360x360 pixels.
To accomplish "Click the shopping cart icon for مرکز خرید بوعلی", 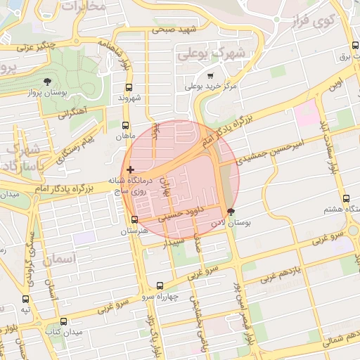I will click(210, 76).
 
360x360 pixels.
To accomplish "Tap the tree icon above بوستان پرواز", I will click(47, 82).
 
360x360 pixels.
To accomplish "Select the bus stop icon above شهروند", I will click(128, 88).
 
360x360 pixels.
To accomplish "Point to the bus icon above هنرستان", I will click(134, 220).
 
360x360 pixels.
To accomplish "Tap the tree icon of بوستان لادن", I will click(231, 211).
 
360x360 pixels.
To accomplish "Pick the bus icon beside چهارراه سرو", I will click(160, 285).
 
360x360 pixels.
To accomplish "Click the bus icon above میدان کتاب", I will click(64, 321).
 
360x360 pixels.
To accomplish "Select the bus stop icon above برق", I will click(354, 46).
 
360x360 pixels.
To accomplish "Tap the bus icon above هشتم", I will click(346, 199).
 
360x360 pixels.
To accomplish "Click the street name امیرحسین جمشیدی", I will click(270, 149).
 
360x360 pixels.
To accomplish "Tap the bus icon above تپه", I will click(26, 298).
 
